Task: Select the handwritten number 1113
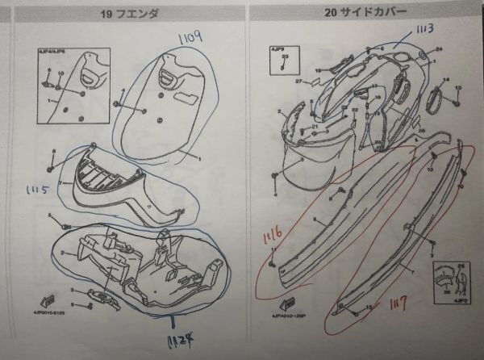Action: [x=426, y=31]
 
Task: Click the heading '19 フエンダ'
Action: [x=130, y=14]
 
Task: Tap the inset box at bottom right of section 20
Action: [x=452, y=283]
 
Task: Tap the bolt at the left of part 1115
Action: [x=52, y=169]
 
